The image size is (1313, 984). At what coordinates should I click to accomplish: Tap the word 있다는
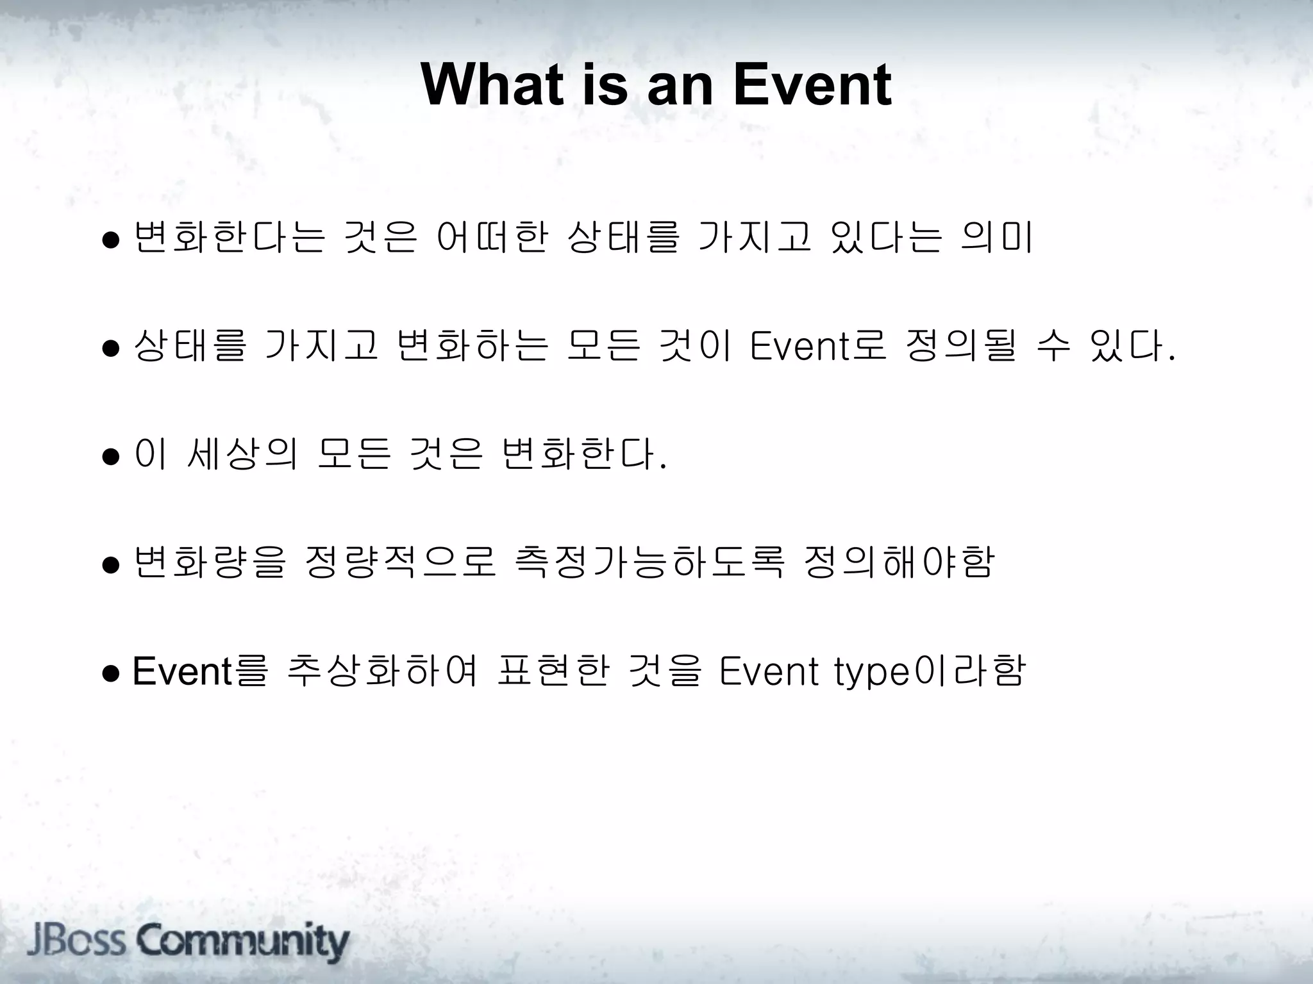tap(886, 237)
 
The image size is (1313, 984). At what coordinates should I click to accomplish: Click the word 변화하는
tap(473, 346)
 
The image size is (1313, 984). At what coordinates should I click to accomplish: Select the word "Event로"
tap(818, 346)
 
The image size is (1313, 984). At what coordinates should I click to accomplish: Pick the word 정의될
tap(961, 346)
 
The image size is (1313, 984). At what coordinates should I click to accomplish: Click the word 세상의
tap(242, 454)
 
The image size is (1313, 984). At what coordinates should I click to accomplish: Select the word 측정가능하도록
tap(649, 562)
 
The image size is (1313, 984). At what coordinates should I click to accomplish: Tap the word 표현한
tap(552, 671)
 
